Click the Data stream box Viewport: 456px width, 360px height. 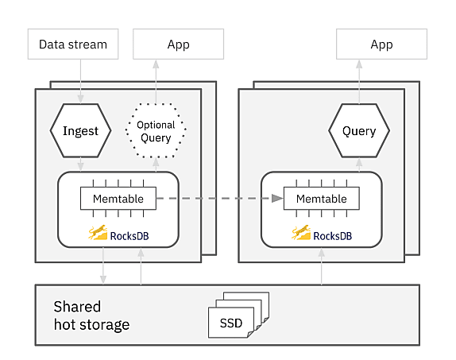(x=73, y=44)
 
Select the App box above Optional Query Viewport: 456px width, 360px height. (x=178, y=44)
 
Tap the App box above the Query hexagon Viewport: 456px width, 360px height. (x=381, y=44)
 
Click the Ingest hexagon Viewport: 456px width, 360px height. (x=80, y=130)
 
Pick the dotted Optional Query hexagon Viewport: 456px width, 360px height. (x=156, y=130)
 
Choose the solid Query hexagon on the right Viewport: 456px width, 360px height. (x=359, y=130)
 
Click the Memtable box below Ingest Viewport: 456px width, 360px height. (x=118, y=199)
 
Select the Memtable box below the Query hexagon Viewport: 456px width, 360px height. (x=322, y=199)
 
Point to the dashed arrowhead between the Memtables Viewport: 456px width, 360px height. (x=277, y=199)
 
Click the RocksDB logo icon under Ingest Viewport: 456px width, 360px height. (x=98, y=232)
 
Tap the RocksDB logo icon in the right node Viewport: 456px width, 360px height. (x=301, y=232)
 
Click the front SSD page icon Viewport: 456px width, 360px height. (x=231, y=323)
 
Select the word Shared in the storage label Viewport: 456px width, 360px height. (x=77, y=307)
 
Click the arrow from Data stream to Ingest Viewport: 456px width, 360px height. (x=80, y=81)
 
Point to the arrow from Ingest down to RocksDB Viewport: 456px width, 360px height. (x=80, y=165)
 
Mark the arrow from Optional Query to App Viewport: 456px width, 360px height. (x=156, y=82)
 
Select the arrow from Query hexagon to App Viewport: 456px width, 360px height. (x=359, y=82)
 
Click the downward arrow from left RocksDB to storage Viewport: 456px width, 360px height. (x=103, y=265)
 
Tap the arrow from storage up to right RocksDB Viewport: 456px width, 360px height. (x=322, y=266)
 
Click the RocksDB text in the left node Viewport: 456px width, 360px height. (x=129, y=236)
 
